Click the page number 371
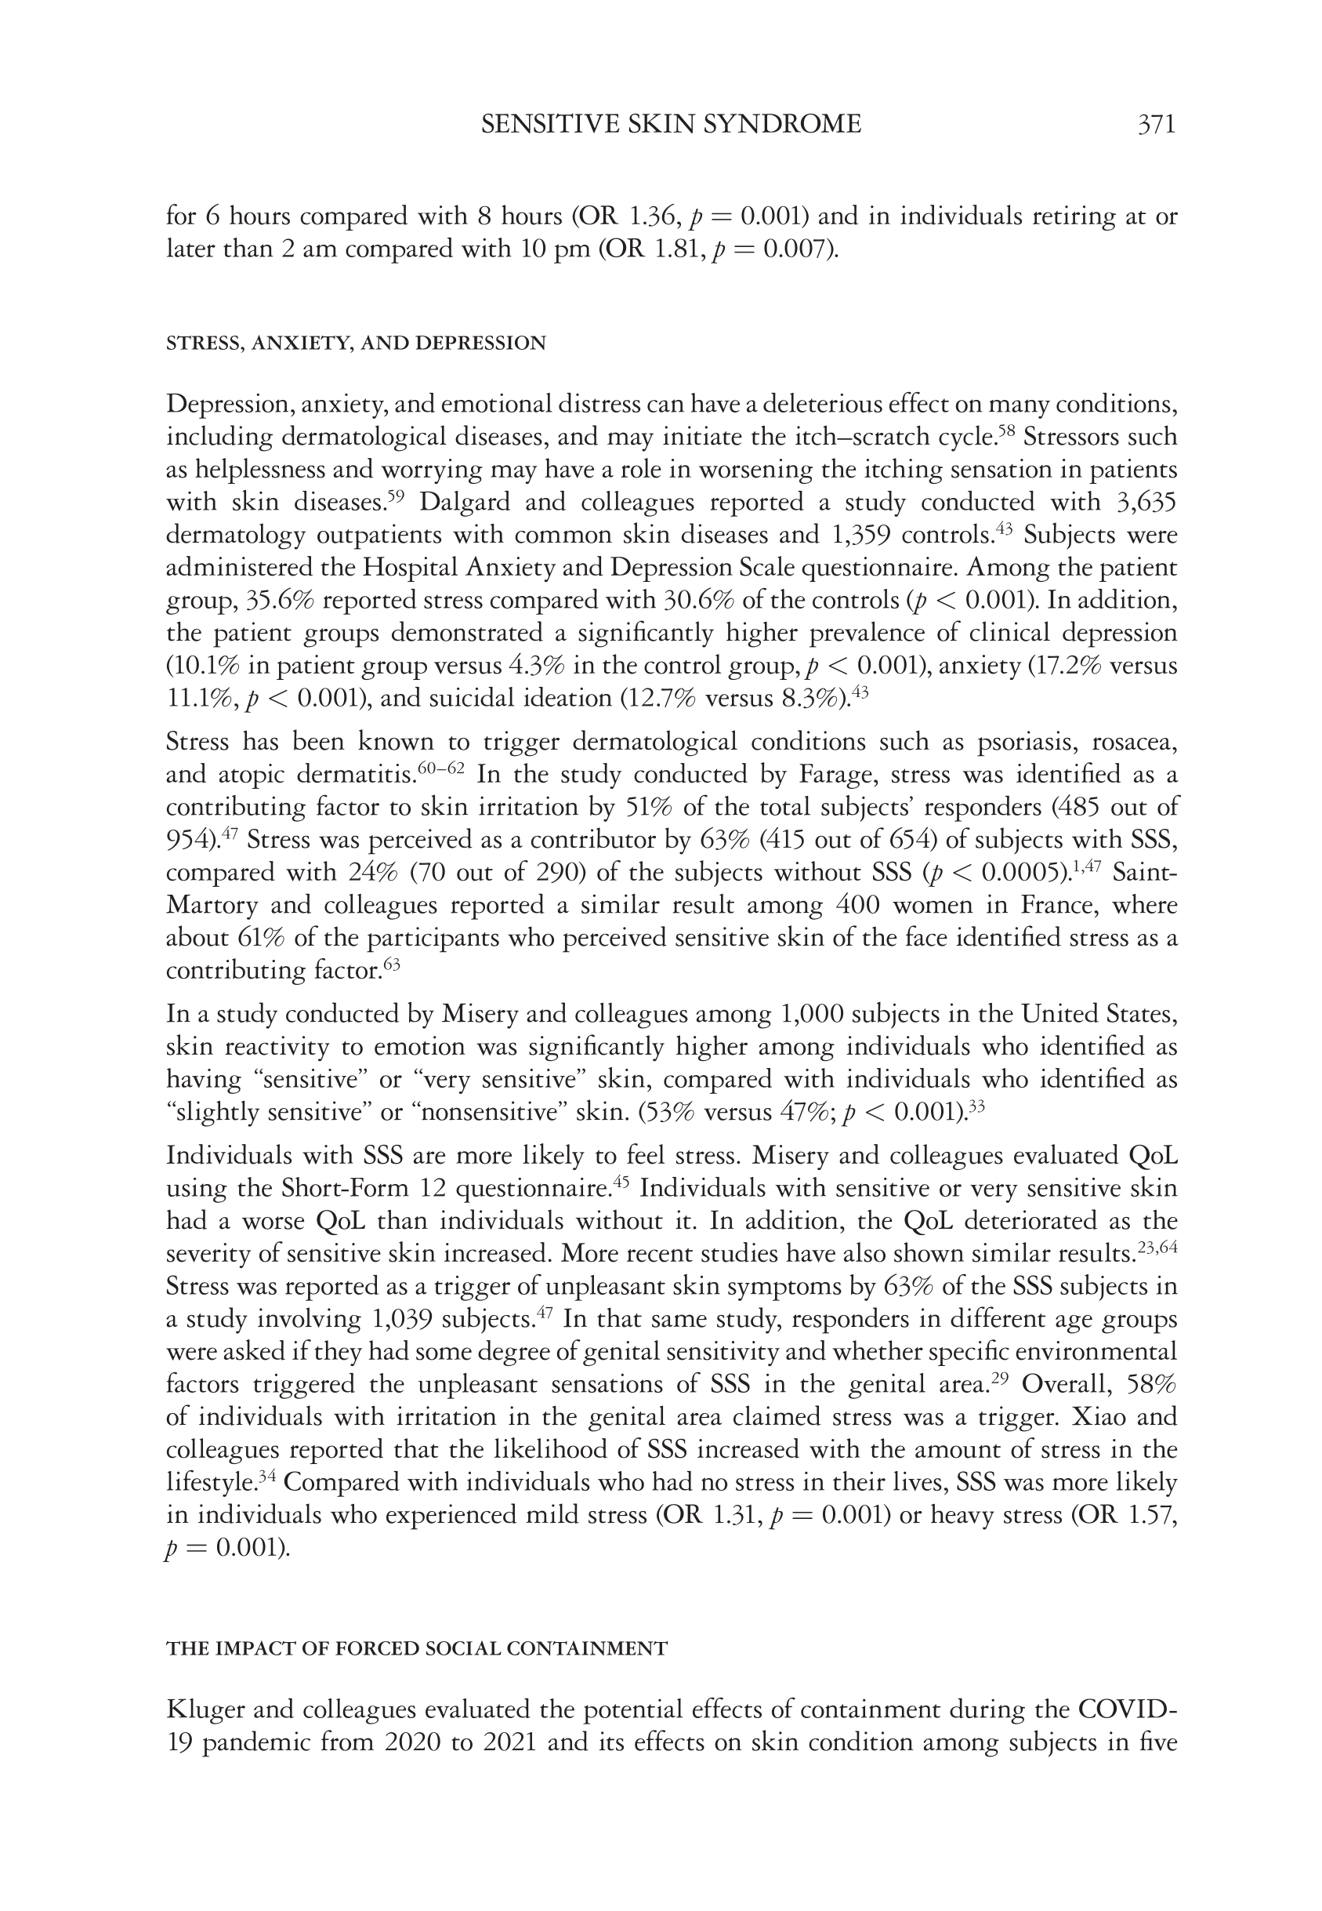point(1157,125)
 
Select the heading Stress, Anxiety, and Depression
point(357,343)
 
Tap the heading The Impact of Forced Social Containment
point(417,1649)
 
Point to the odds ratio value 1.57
point(1152,1515)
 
